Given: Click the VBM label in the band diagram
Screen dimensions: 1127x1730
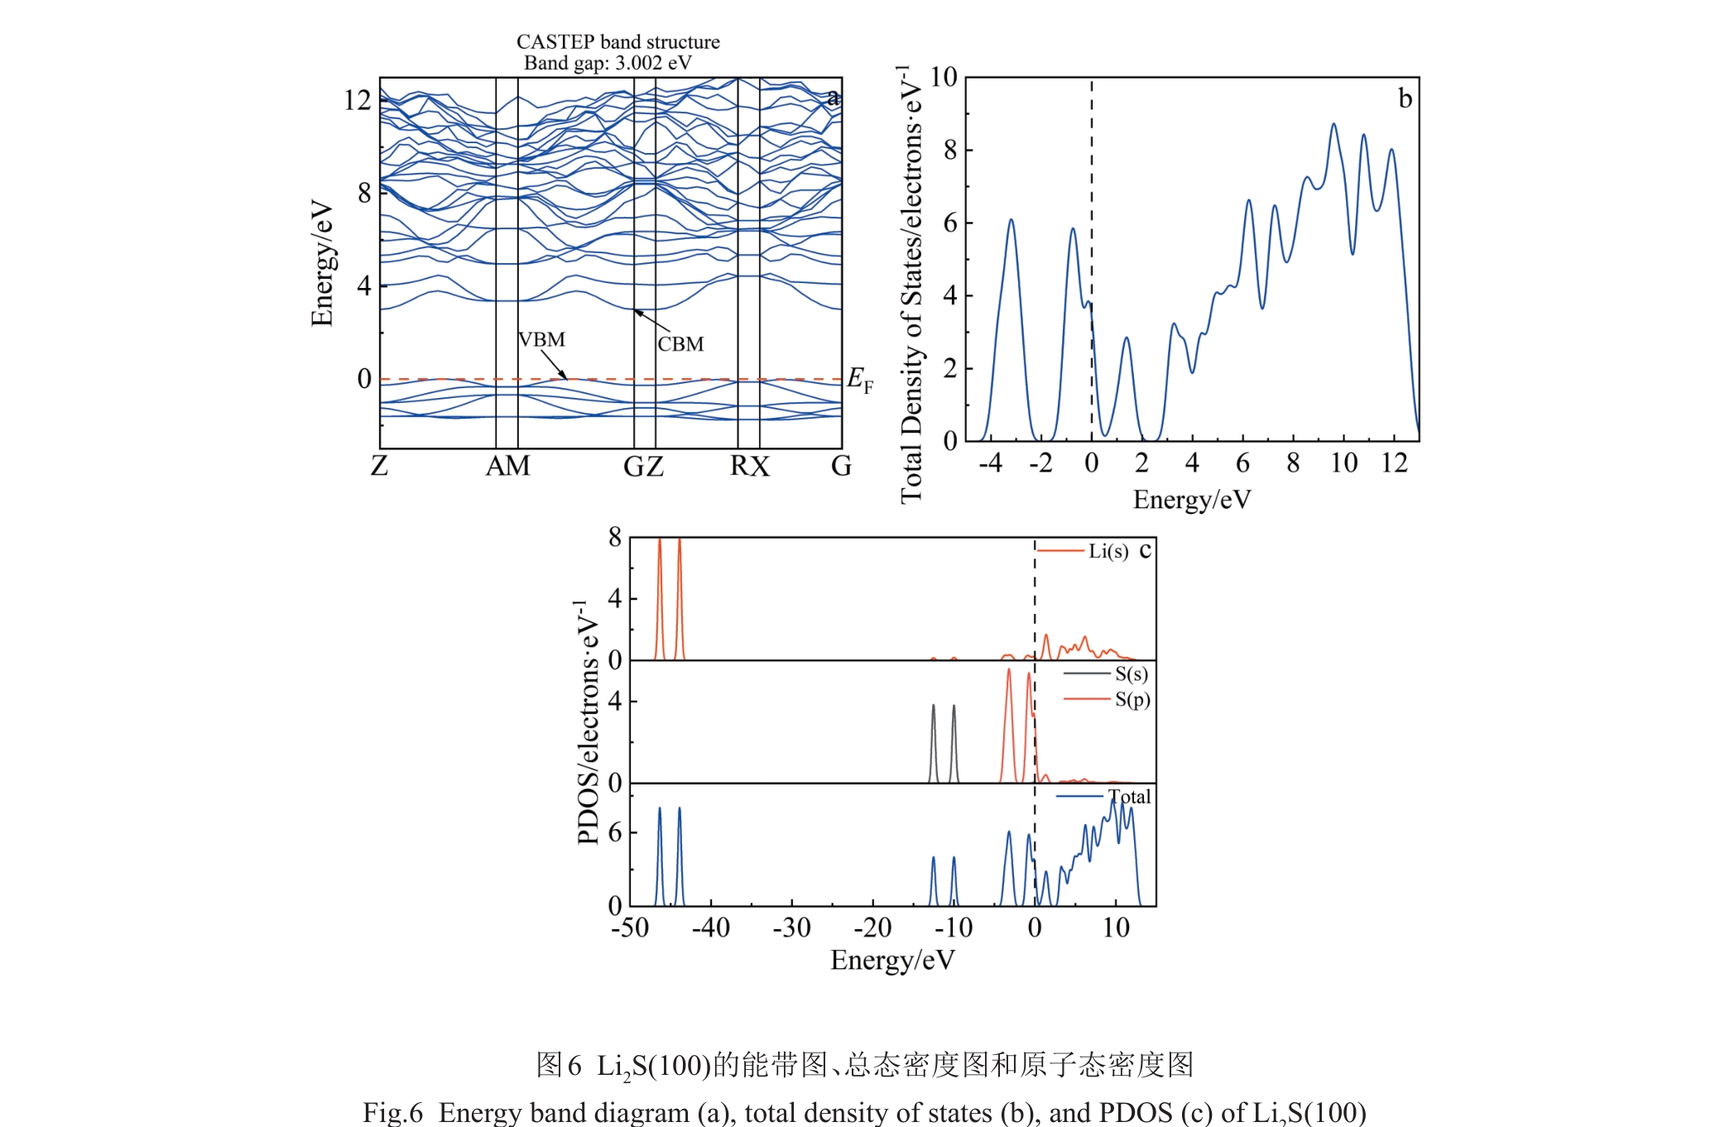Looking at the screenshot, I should (541, 340).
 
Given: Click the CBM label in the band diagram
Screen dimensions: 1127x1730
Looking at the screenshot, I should (680, 344).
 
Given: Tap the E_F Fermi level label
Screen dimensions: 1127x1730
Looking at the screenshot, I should (859, 381).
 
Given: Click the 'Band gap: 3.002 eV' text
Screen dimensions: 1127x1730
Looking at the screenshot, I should (608, 63).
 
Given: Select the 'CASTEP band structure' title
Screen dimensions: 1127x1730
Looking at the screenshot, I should (618, 41).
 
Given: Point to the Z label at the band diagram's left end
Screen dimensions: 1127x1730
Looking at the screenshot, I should (379, 467).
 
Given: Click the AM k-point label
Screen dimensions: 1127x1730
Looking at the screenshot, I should (507, 467).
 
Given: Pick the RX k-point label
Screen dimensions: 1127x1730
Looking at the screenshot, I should (749, 467).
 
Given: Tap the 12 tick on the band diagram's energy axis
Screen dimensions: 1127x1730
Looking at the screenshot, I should (358, 100).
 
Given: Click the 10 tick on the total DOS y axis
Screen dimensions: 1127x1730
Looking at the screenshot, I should (943, 77).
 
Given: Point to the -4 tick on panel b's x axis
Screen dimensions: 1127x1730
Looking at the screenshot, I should (990, 463).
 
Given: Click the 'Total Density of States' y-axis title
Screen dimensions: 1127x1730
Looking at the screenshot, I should (911, 285).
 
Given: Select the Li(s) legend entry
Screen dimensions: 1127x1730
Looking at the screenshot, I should (1108, 551).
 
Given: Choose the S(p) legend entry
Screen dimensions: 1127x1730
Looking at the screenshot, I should (1132, 700).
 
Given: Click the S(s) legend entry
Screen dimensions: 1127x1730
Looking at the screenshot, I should (1131, 674).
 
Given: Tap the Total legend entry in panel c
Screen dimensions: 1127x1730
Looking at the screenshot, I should (1129, 797).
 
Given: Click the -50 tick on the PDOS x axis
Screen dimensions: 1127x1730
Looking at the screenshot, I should (630, 928).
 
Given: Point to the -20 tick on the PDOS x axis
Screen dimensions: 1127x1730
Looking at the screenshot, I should (872, 928).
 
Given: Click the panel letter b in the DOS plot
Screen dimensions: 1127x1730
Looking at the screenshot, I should (1405, 98).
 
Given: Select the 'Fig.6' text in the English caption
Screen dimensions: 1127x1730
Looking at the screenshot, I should (392, 1113).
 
